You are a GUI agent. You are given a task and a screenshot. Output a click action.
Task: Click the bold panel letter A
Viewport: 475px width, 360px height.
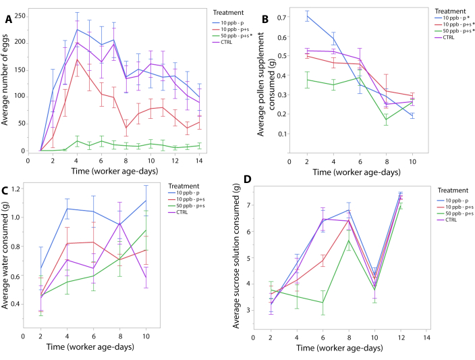tap(9, 20)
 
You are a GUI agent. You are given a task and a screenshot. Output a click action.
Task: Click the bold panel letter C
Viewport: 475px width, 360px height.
tap(7, 191)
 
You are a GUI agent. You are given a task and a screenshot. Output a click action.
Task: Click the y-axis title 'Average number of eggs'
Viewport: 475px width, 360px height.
tap(6, 83)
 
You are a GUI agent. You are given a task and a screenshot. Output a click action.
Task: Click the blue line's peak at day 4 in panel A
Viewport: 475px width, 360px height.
tap(78, 29)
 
